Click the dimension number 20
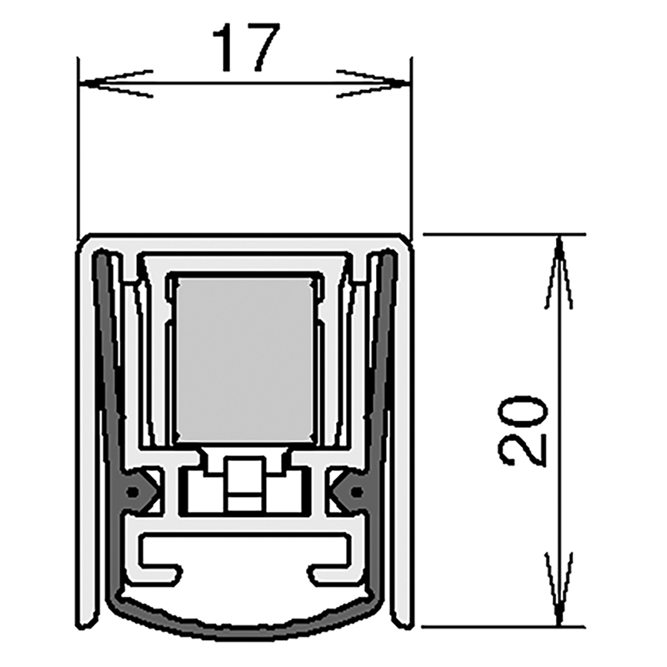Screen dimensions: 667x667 point(524,429)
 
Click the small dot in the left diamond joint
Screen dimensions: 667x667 point(133,493)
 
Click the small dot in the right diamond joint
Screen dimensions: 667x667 point(357,493)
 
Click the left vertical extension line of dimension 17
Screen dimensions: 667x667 point(78,150)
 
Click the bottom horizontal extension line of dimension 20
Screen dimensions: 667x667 point(500,627)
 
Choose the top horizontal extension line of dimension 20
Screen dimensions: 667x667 point(500,235)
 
